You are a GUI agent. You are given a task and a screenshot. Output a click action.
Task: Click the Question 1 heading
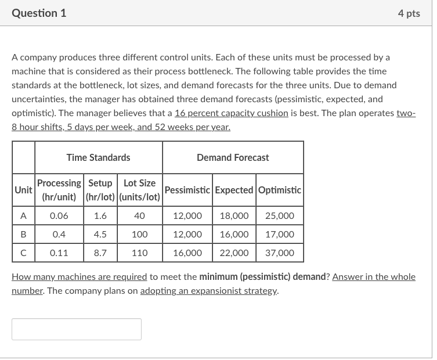(x=39, y=13)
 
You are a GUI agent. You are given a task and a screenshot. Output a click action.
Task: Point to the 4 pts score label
(x=409, y=13)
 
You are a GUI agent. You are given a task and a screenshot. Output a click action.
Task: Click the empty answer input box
(x=76, y=329)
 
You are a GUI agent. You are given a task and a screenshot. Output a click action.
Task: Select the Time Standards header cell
(x=98, y=157)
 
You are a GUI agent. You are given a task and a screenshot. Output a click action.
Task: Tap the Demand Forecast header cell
(x=233, y=157)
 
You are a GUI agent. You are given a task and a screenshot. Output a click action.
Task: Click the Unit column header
(x=23, y=190)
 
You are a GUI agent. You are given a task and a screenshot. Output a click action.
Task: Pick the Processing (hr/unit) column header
(x=60, y=190)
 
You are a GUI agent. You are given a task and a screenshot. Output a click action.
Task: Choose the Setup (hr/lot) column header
(x=100, y=190)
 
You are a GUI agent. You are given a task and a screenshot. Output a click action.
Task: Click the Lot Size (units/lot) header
(x=139, y=190)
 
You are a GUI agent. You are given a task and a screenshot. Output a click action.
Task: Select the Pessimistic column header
(x=188, y=190)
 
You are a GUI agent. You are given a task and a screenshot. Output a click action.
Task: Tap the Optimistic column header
(x=279, y=190)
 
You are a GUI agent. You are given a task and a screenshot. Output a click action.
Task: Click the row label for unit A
(x=23, y=215)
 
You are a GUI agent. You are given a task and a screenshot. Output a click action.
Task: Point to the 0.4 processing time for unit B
(x=59, y=235)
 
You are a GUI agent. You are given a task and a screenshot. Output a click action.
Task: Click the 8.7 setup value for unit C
(x=100, y=253)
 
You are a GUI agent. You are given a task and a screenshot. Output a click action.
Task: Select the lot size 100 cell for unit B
(x=139, y=235)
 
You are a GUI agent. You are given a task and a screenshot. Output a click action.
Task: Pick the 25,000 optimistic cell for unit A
(x=279, y=215)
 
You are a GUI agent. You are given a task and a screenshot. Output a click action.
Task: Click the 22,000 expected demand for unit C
(x=234, y=253)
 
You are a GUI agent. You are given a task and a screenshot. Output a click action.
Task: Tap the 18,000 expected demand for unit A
(x=234, y=215)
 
